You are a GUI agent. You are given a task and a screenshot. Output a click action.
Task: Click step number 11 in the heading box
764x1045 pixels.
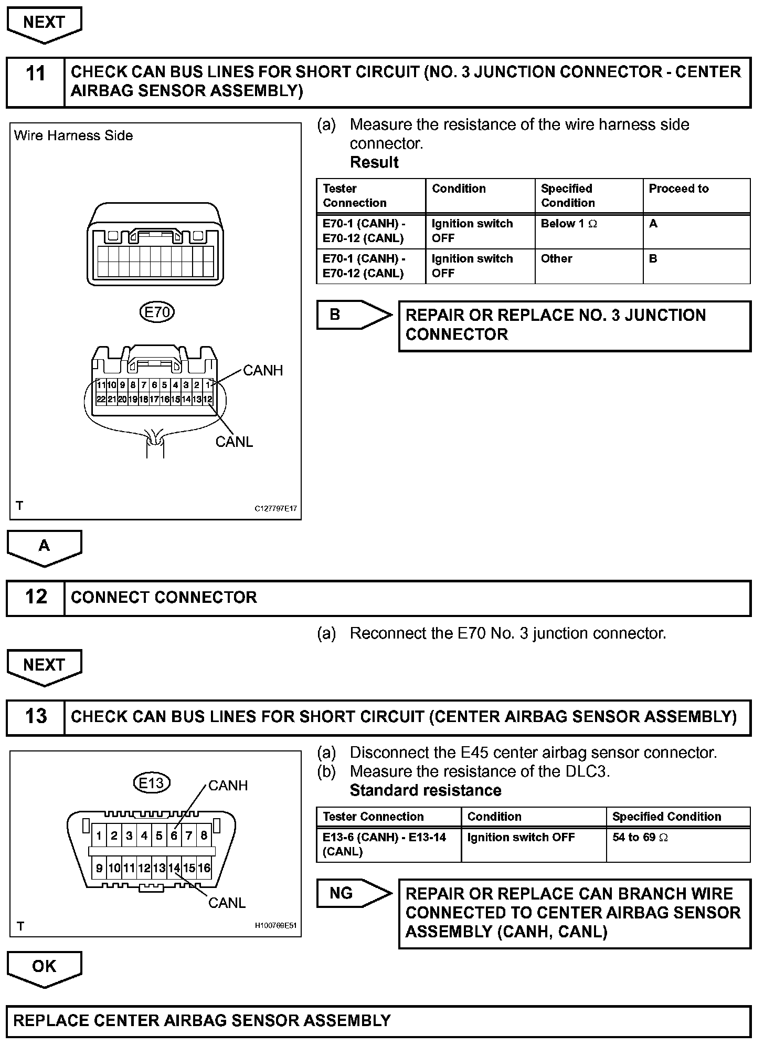point(36,73)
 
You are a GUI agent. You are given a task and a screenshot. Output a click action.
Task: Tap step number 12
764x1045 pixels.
point(36,597)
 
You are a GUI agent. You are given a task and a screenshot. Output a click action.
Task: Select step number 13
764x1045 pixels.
point(36,716)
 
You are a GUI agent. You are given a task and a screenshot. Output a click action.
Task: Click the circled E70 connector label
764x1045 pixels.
point(157,312)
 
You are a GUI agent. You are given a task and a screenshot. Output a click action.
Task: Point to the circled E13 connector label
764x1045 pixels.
point(151,783)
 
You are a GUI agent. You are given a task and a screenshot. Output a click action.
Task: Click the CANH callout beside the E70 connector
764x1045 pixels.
point(263,371)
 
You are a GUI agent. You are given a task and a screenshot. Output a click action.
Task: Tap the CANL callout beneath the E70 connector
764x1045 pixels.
point(234,442)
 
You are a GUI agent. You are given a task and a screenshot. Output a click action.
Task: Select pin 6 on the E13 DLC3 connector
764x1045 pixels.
point(174,835)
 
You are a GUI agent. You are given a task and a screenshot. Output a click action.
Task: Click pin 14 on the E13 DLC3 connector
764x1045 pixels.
point(174,868)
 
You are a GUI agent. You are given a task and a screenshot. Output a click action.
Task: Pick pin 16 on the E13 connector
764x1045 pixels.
point(204,868)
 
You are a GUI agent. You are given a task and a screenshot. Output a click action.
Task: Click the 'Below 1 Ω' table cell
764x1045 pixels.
point(569,224)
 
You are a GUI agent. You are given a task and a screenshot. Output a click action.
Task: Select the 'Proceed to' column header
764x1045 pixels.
point(678,189)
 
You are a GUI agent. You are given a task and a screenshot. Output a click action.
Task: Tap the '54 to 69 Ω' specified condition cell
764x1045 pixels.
point(641,837)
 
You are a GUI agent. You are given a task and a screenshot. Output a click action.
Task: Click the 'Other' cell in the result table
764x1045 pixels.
point(556,259)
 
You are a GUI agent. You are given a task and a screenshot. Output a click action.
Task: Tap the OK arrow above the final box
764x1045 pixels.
point(44,967)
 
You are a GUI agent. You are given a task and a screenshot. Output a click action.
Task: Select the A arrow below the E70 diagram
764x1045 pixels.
point(44,547)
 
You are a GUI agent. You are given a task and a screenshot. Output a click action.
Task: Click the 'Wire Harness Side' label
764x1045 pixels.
point(73,135)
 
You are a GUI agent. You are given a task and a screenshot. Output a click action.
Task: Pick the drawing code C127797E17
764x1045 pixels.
point(275,508)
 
